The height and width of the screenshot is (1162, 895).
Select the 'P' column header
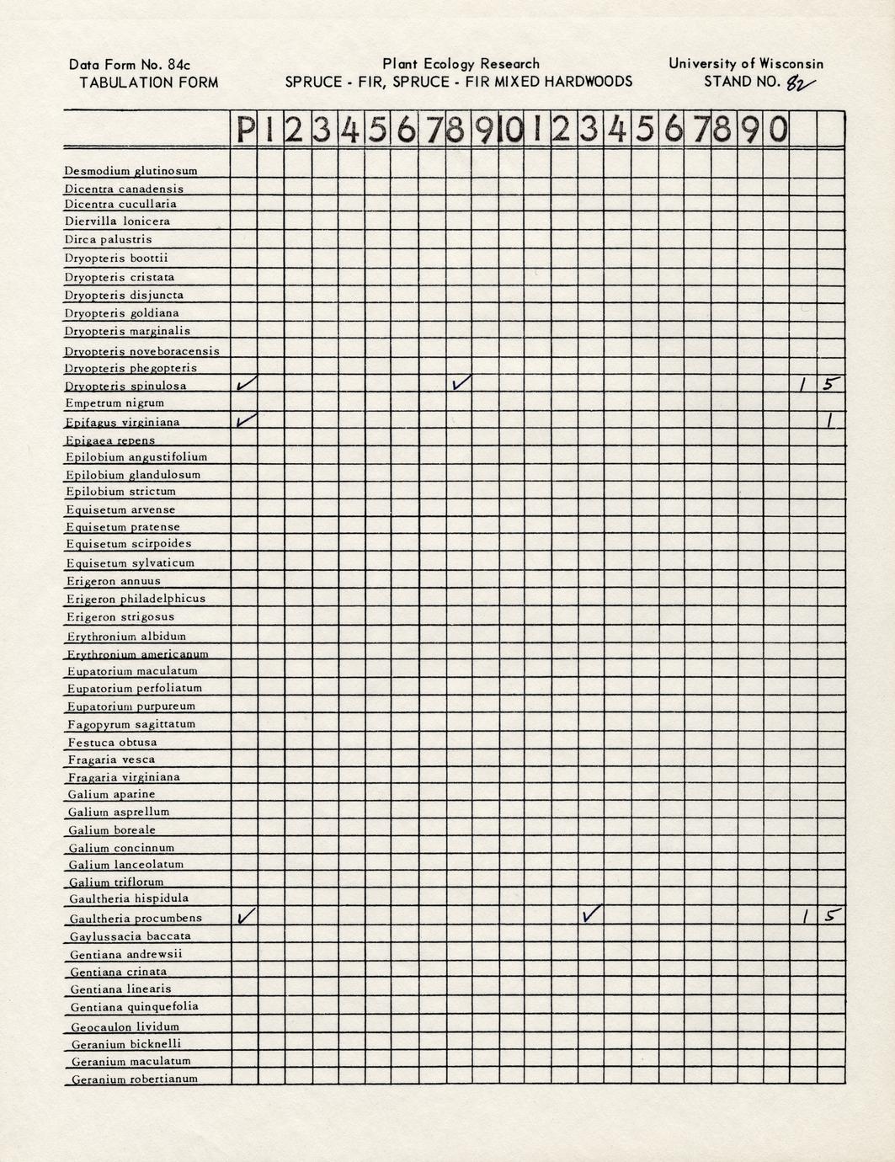[245, 131]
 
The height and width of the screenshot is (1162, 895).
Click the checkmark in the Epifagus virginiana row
[245, 419]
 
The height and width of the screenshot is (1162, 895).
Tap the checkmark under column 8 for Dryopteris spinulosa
[461, 384]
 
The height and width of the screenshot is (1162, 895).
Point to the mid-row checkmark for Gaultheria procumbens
[592, 913]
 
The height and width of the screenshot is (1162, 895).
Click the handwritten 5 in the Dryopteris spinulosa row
[831, 385]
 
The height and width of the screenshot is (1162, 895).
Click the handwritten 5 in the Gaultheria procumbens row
[831, 916]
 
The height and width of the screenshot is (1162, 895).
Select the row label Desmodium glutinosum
[131, 171]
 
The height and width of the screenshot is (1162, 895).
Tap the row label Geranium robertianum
[135, 1079]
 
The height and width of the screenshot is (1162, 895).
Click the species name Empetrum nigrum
[115, 403]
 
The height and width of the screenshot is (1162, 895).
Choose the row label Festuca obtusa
[112, 742]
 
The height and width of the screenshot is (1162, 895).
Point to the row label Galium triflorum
[116, 882]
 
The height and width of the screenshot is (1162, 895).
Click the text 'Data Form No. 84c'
[130, 64]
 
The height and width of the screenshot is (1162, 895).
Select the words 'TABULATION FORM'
[149, 83]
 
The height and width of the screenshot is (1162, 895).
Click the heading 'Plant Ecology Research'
[461, 64]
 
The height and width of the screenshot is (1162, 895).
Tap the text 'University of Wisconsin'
[746, 64]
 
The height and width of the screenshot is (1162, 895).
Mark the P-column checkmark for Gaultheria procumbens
[245, 916]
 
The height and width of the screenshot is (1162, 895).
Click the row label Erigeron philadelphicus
[136, 599]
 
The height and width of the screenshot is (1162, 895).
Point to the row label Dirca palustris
[109, 239]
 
